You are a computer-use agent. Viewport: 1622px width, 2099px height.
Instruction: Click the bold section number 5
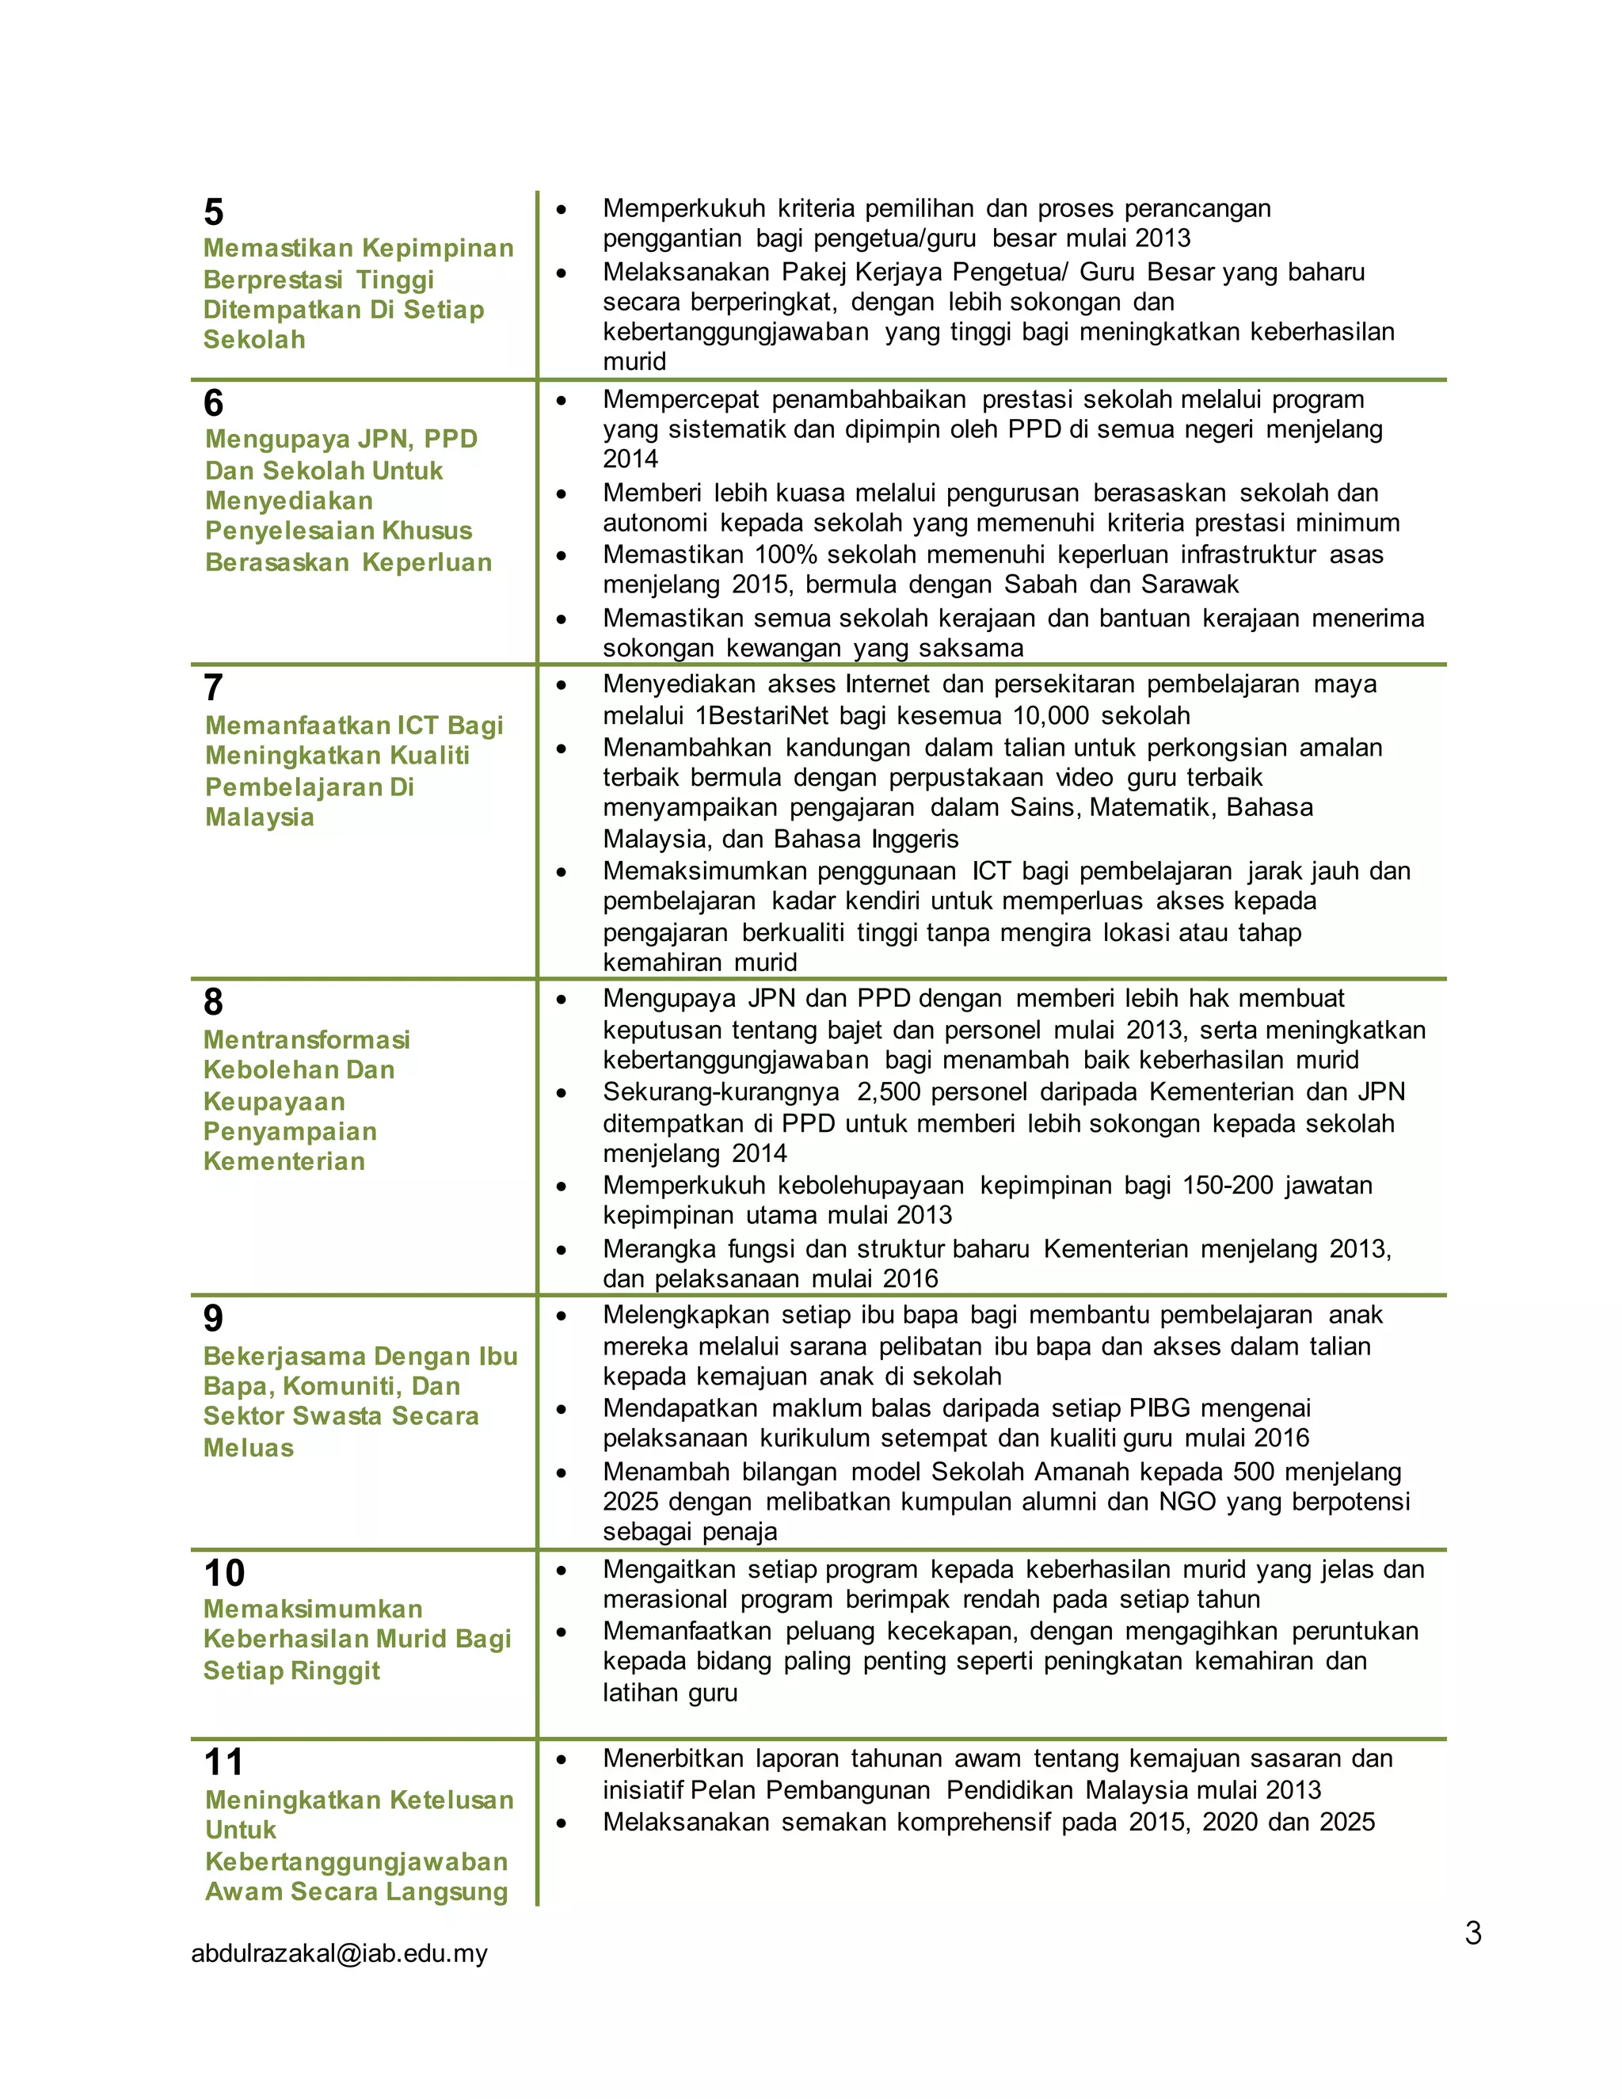coord(213,212)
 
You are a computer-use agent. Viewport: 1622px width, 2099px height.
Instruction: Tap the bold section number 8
coord(213,1003)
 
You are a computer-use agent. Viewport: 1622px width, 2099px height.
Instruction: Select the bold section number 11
coord(224,1762)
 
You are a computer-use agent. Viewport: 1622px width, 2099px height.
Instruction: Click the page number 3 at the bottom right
coord(1473,1932)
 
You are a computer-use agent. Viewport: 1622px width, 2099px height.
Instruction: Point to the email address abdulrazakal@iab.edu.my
coord(339,1953)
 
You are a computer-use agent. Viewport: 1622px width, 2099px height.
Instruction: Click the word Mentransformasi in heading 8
coord(307,1040)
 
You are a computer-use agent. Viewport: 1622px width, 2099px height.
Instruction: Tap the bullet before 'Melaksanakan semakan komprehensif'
coord(562,1823)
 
